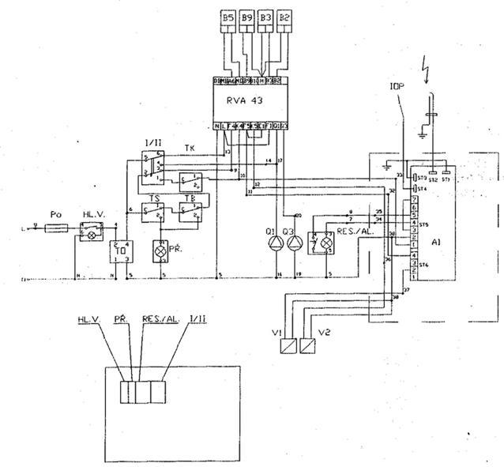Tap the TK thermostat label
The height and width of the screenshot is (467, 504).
pyautogui.click(x=189, y=148)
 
